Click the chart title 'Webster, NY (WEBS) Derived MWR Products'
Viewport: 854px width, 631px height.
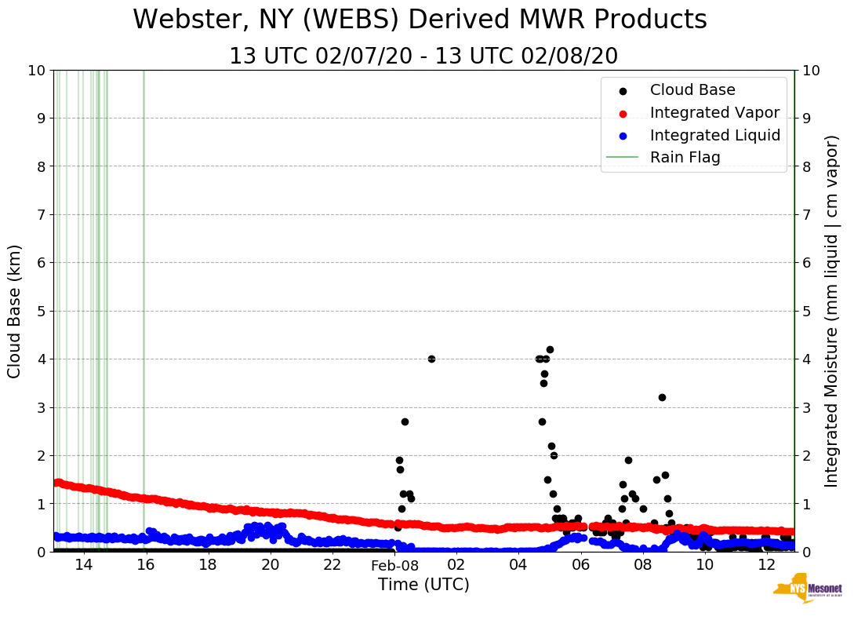[x=420, y=20]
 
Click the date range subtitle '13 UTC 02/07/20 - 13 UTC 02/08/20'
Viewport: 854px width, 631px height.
[x=423, y=57]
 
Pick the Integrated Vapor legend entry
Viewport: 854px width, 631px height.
[x=714, y=113]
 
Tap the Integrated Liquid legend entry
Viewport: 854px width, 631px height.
[x=714, y=135]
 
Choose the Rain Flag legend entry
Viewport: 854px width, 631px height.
[x=685, y=158]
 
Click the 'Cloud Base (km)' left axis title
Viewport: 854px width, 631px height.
[x=15, y=311]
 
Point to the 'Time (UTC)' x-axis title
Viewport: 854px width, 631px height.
[x=423, y=585]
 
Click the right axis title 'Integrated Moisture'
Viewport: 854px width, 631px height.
[x=832, y=311]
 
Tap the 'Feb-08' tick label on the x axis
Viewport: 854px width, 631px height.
[x=394, y=565]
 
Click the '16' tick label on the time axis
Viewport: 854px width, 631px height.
[x=146, y=565]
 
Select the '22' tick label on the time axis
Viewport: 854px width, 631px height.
[x=333, y=565]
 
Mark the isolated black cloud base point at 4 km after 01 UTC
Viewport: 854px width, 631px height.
[x=431, y=359]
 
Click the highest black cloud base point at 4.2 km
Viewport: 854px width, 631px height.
[x=550, y=349]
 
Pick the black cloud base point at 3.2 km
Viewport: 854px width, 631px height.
[x=662, y=397]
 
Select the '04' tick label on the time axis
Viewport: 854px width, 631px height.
[x=518, y=565]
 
